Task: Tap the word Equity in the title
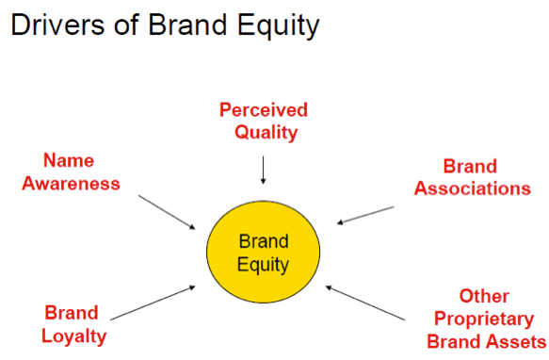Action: click(280, 25)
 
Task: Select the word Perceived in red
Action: click(264, 110)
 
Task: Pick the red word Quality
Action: click(264, 132)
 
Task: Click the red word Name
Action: click(70, 162)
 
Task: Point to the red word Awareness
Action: click(71, 183)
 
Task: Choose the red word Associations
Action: click(474, 188)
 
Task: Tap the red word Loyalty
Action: click(74, 335)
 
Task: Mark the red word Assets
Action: click(516, 340)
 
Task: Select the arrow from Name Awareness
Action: click(167, 211)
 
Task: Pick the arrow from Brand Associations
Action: click(365, 214)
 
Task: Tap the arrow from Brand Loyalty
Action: click(154, 300)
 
